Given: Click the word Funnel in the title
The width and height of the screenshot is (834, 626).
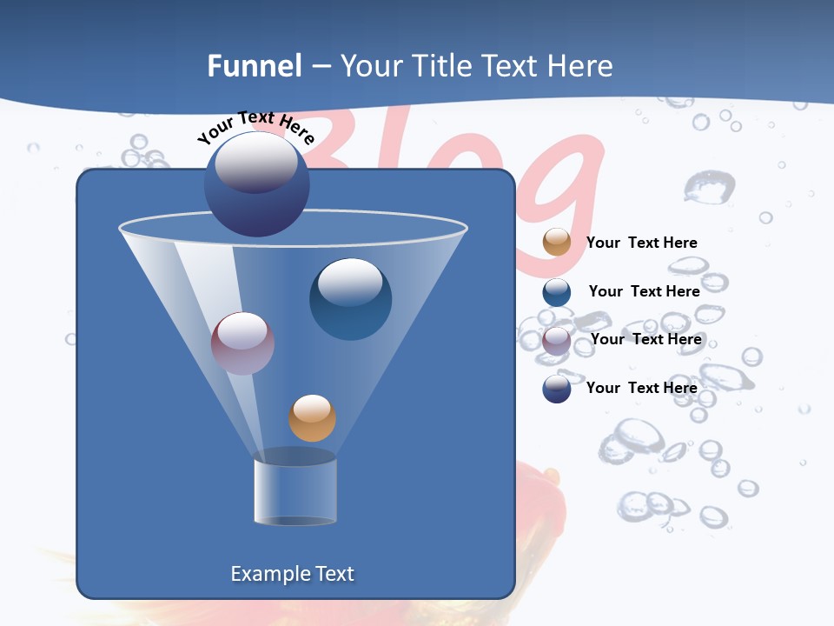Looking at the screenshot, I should coord(255,66).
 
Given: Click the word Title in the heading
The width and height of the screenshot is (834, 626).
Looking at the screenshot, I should coord(442,66).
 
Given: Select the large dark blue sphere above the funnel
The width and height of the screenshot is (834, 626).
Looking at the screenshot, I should coord(256,184).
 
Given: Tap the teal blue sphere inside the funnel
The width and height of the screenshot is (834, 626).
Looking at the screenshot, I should coord(350,299).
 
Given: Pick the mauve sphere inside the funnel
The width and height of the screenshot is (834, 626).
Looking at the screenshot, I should coord(242,343).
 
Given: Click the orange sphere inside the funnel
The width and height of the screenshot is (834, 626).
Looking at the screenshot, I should coord(312,418).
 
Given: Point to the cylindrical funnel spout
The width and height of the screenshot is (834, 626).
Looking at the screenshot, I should coord(295,491).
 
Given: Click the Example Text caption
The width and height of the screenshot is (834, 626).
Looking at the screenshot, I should coord(292,574).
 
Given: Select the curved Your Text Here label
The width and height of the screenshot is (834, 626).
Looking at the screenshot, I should coord(255,128).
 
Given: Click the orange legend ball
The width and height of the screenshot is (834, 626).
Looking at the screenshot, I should coord(557,243).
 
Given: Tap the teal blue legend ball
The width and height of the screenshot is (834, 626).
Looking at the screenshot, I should coord(557,292).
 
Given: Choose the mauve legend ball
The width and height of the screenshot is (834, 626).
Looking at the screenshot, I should coord(557,340).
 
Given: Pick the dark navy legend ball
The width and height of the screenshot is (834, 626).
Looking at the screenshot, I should coord(557,389).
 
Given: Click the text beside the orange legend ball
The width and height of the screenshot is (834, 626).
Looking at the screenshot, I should coord(641,243).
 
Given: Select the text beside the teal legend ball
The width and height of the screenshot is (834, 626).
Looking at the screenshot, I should coord(644,291).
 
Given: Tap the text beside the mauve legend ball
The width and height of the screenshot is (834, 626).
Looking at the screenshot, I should coord(645,339).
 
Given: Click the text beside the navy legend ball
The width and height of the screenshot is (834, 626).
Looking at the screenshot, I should coord(641,388).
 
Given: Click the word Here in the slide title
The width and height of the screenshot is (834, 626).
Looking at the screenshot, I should coord(579,66).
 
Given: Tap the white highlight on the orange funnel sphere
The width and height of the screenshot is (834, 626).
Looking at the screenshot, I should coord(312,407).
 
